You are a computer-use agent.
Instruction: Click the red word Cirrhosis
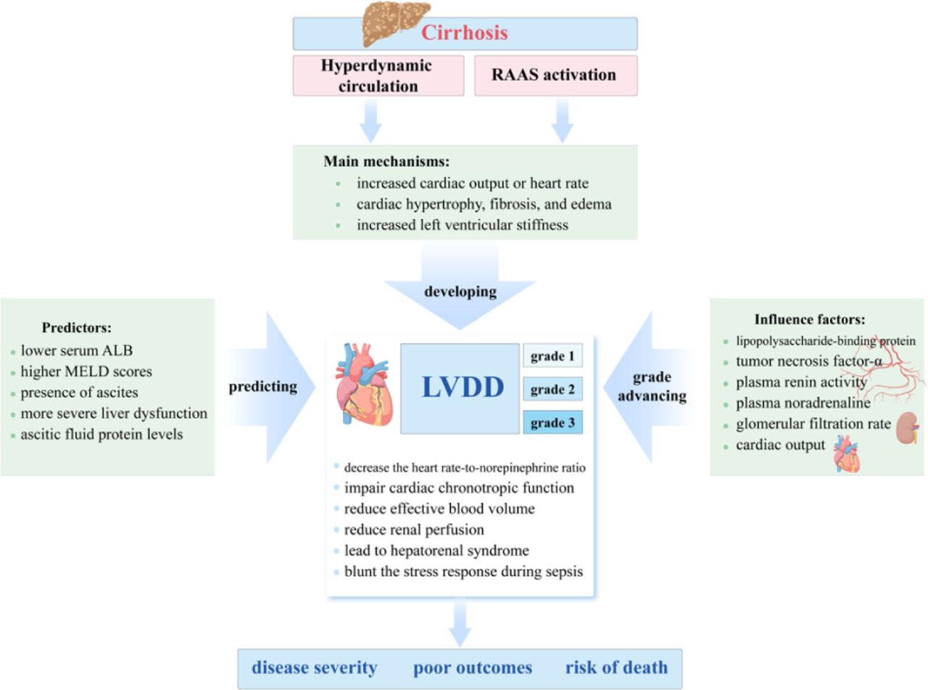pyautogui.click(x=465, y=33)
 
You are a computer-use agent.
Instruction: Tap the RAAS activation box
pyautogui.click(x=555, y=75)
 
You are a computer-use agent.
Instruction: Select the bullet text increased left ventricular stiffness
pyautogui.click(x=462, y=225)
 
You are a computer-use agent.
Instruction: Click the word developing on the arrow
pyautogui.click(x=460, y=292)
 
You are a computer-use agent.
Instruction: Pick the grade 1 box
pyautogui.click(x=552, y=357)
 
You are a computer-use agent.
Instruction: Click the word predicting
pyautogui.click(x=262, y=387)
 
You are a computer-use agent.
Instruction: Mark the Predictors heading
pyautogui.click(x=76, y=327)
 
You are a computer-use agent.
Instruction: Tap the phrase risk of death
pyautogui.click(x=616, y=668)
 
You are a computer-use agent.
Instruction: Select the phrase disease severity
pyautogui.click(x=315, y=668)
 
